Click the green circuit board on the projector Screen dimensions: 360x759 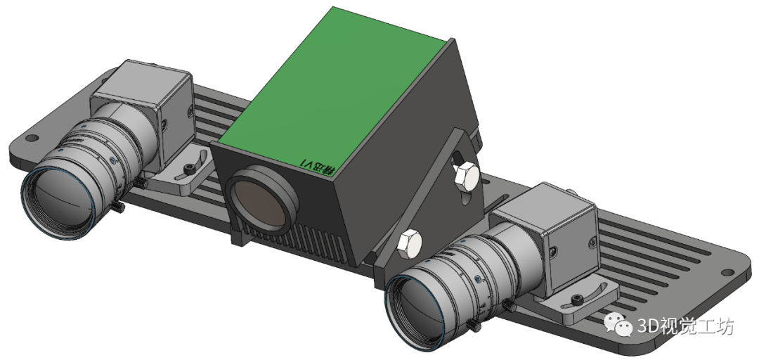coord(337,91)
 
